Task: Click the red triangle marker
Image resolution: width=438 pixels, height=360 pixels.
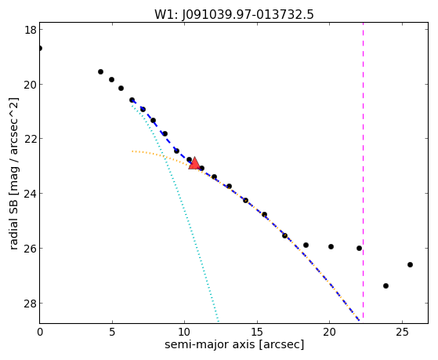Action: click(x=194, y=164)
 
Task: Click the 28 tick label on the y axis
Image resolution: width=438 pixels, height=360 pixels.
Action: click(x=31, y=303)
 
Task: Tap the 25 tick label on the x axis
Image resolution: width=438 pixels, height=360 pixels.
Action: click(x=402, y=332)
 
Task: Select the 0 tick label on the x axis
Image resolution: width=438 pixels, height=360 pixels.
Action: click(x=40, y=332)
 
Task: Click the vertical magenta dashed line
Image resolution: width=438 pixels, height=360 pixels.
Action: click(x=363, y=170)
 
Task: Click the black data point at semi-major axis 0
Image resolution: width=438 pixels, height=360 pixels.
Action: click(x=40, y=49)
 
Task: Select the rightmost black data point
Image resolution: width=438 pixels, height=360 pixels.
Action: click(x=410, y=264)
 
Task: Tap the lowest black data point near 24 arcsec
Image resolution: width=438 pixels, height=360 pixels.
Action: click(x=386, y=285)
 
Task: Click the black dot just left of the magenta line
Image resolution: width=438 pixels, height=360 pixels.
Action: click(x=359, y=248)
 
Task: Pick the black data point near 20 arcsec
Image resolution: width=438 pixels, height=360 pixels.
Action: click(x=331, y=247)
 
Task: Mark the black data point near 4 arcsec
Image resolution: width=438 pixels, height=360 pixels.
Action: click(x=100, y=72)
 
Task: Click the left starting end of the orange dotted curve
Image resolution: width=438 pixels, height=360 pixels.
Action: click(x=132, y=151)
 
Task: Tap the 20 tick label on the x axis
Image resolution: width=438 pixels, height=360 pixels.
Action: click(x=329, y=332)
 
